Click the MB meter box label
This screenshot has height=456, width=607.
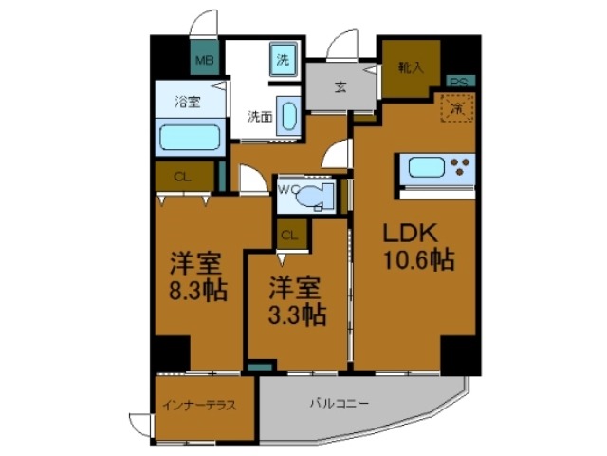204,62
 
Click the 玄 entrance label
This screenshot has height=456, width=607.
340,86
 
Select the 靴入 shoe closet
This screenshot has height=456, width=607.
411,69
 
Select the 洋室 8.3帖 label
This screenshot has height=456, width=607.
199,277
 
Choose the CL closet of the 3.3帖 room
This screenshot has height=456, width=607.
291,233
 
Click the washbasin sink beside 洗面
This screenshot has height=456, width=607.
288,119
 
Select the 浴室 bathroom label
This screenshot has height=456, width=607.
186,102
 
